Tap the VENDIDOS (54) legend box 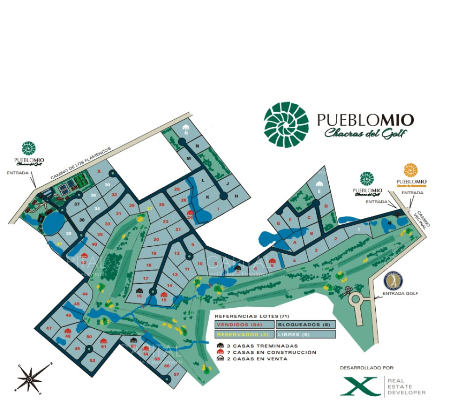click(245, 324)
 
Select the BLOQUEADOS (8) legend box click(306, 324)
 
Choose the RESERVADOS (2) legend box click(245, 334)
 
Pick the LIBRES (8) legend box click(306, 334)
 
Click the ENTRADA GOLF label click(400, 293)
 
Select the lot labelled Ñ click(186, 133)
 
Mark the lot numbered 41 click(59, 243)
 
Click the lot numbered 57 click(176, 374)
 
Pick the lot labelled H click(236, 196)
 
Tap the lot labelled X click(99, 171)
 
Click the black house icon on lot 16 click(139, 291)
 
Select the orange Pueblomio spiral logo click(411, 170)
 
